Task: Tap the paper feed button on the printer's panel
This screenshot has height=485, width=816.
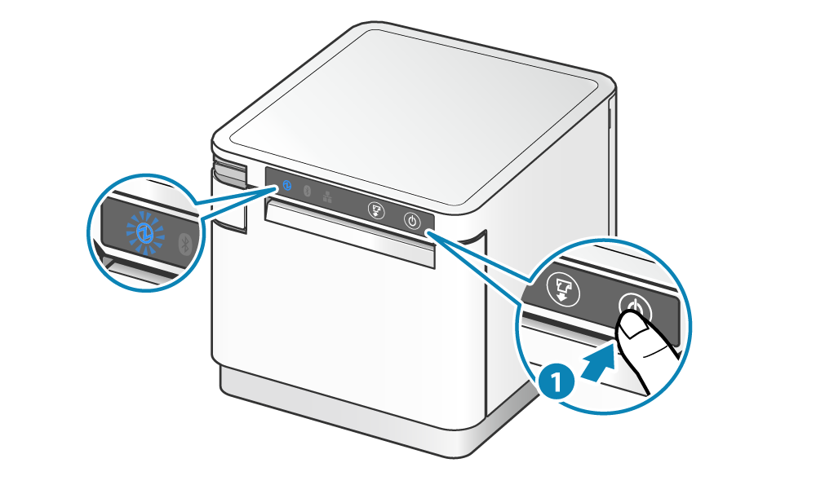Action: [x=376, y=209]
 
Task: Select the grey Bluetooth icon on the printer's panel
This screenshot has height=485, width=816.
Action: [x=308, y=191]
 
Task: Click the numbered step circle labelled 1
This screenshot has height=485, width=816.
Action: [x=555, y=382]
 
